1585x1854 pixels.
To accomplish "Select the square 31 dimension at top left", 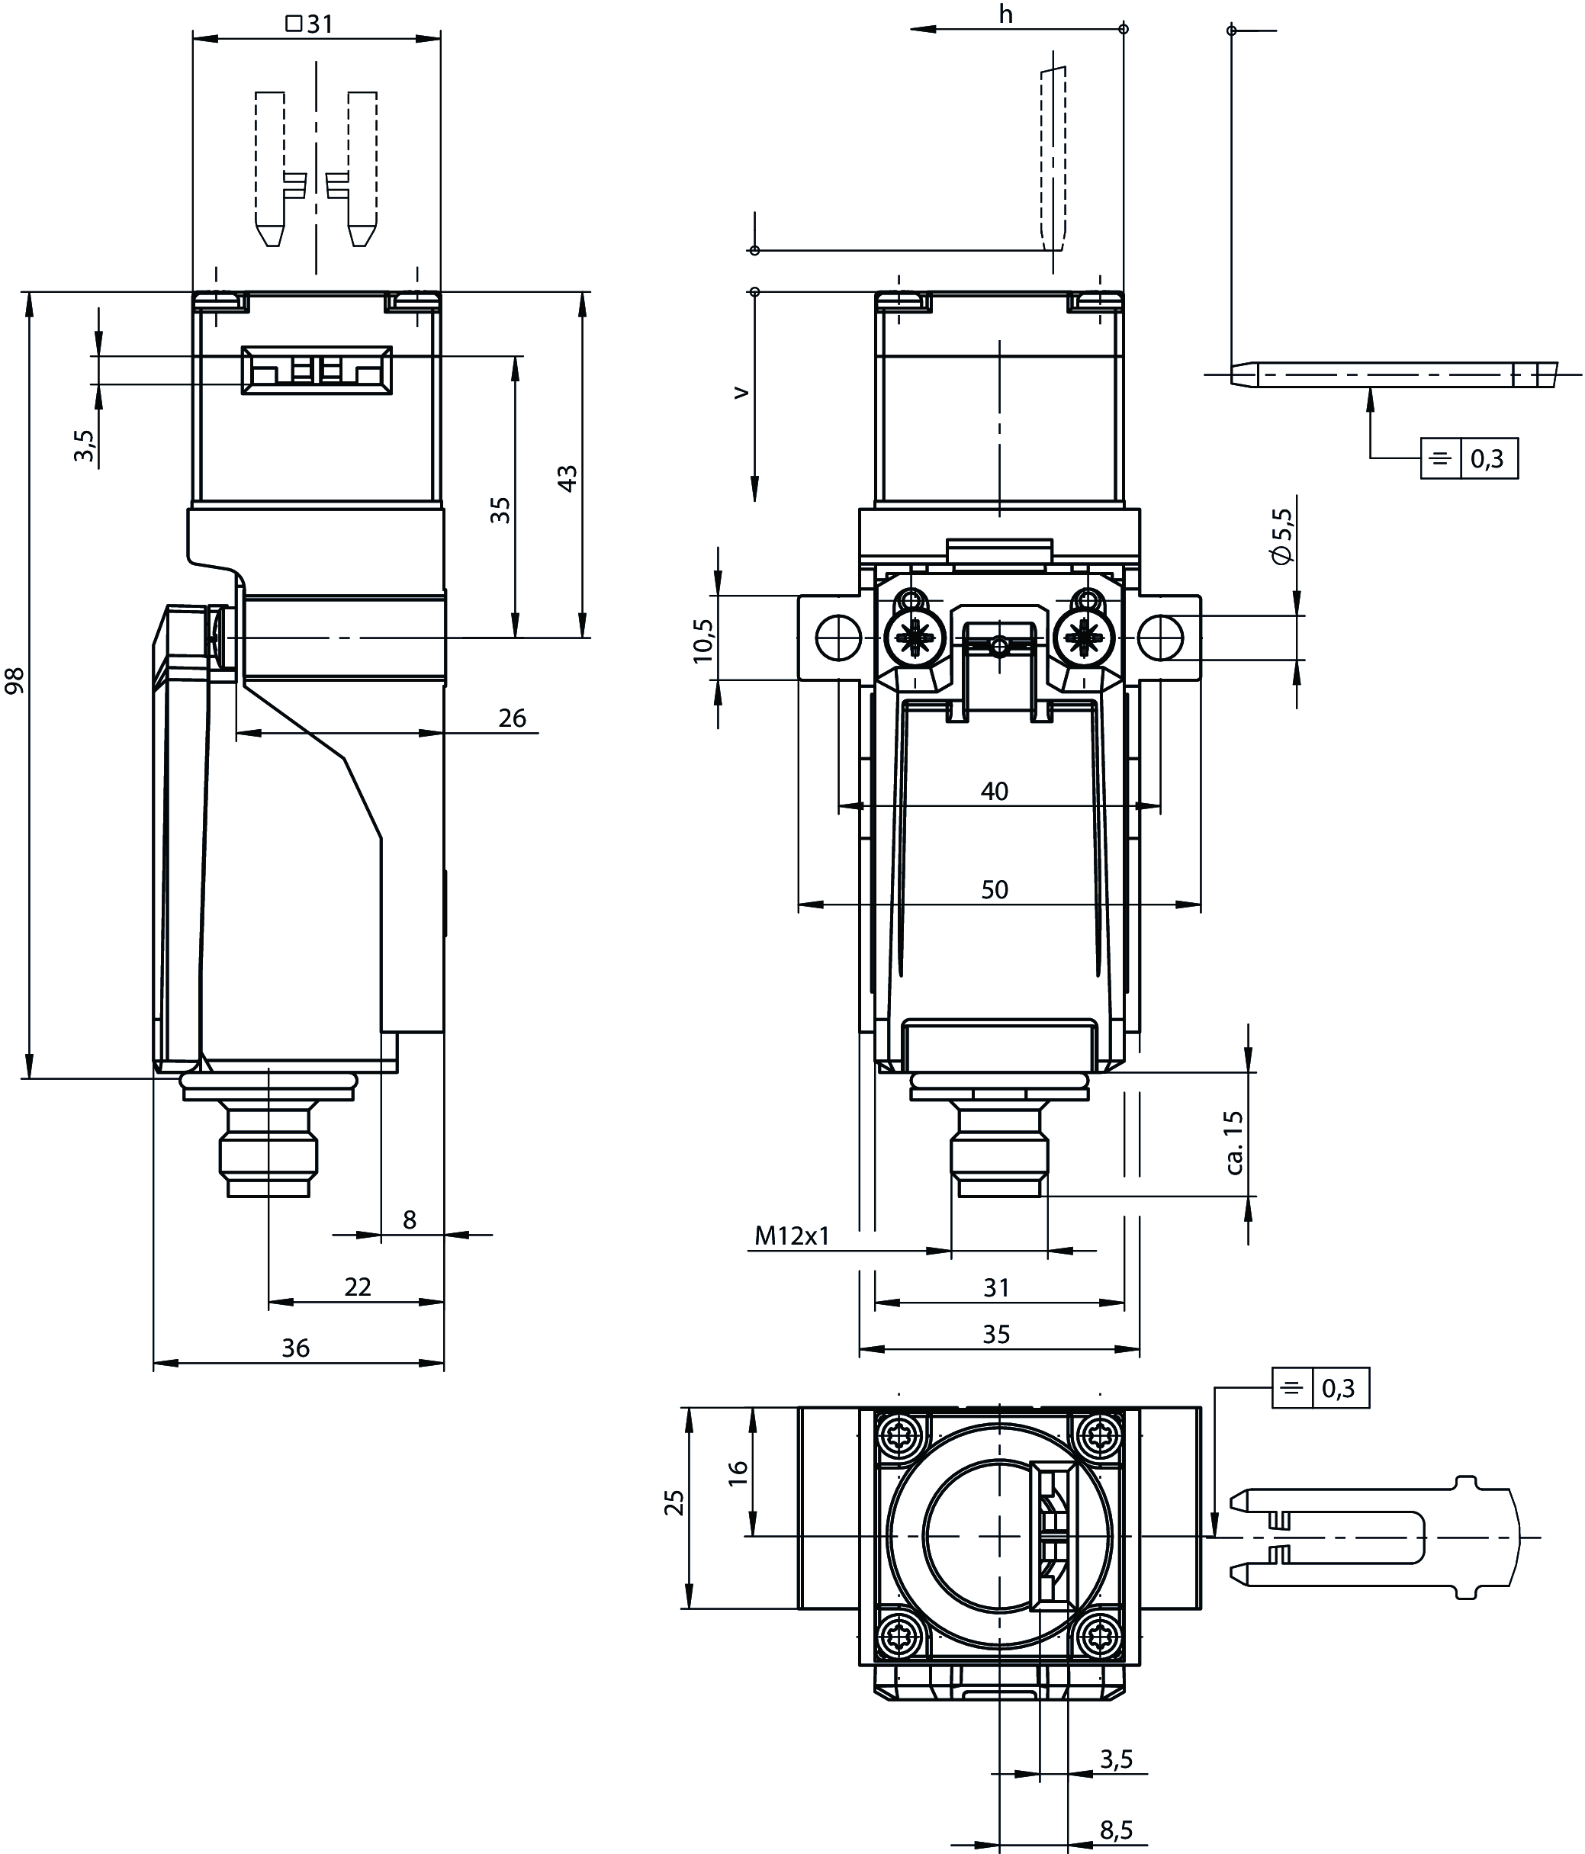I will (x=310, y=24).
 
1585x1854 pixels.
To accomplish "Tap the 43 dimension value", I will (x=567, y=478).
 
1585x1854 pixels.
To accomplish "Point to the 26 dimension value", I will (x=512, y=718).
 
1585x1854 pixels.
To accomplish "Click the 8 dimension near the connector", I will (x=409, y=1219).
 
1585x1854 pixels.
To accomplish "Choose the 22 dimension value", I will (x=357, y=1287).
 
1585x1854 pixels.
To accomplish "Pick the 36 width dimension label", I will (x=295, y=1348).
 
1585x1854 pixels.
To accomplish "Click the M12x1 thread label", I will (x=792, y=1235).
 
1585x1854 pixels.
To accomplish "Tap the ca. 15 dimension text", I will (x=1235, y=1142).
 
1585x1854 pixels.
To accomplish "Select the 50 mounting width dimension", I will (x=995, y=889).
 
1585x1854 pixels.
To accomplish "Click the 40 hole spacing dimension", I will (x=995, y=791).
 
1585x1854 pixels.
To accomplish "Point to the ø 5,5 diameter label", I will (x=1281, y=536).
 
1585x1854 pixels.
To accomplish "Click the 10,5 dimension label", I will (x=703, y=641).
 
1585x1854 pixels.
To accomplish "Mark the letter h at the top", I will (x=1006, y=14).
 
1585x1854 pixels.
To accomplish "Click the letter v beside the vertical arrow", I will (x=740, y=392).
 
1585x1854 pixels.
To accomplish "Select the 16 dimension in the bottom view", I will (x=738, y=1473).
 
